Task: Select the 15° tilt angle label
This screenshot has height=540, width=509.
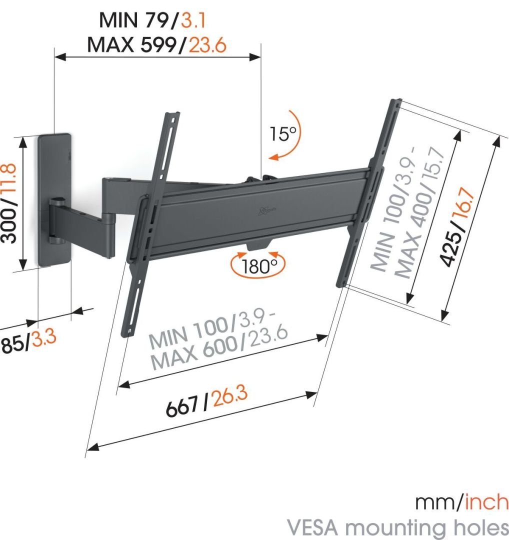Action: coord(283,133)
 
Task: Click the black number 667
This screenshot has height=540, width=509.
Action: coord(184,409)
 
